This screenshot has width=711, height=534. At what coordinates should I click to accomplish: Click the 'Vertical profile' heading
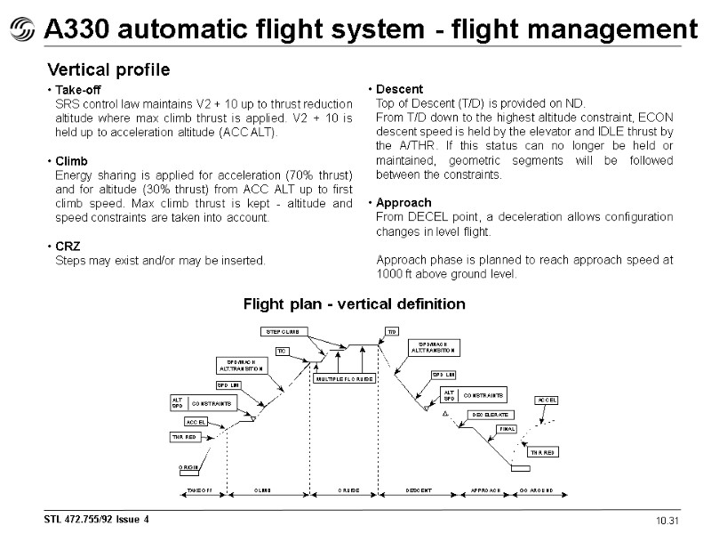click(108, 69)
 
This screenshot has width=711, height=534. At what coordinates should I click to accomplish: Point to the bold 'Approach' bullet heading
click(403, 203)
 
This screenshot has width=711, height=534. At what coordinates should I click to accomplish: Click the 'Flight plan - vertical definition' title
click(355, 304)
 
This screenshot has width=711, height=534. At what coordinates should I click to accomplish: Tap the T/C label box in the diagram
click(284, 351)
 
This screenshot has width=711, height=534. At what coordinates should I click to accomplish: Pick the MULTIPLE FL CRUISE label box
click(345, 378)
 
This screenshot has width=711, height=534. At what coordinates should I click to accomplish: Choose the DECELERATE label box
click(489, 415)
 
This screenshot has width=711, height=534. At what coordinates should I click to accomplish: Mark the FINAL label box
click(507, 429)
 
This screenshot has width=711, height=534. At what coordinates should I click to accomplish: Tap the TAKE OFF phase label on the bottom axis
click(198, 490)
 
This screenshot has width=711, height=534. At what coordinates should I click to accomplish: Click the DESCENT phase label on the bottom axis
click(419, 490)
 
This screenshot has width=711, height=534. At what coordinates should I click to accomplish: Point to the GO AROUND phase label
click(536, 490)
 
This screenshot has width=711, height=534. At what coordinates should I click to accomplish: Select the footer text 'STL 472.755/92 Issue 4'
click(97, 519)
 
